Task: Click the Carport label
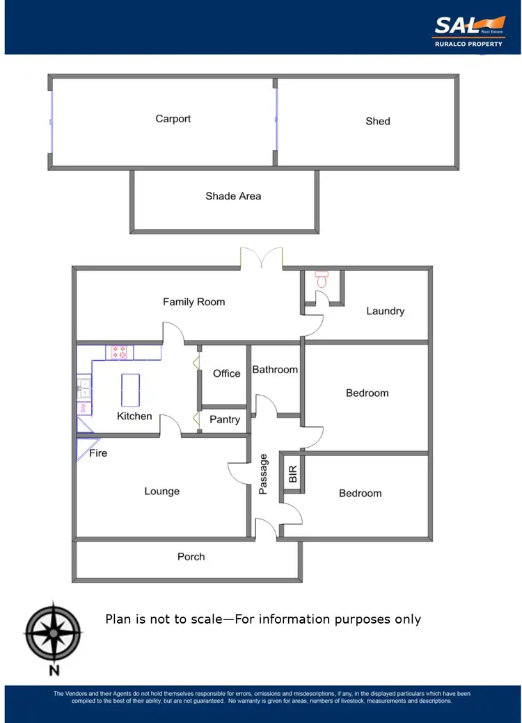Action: point(173,119)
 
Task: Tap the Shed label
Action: point(378,121)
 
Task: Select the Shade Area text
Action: point(233,196)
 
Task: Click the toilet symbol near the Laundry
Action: point(322,279)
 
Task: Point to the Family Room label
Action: point(193,302)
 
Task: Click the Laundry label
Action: point(385,311)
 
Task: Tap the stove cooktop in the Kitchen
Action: point(119,352)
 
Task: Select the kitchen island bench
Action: point(130,390)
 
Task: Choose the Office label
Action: point(226,373)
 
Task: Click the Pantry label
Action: point(224,419)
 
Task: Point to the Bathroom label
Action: point(275,369)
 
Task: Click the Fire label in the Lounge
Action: point(98,453)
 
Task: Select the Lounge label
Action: point(161,491)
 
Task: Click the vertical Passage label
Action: point(263,474)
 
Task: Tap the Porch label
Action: point(191,556)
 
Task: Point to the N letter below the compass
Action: point(53,671)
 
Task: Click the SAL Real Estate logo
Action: point(469,31)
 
